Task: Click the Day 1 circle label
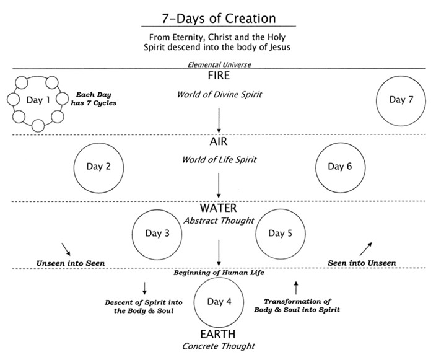tap(38, 100)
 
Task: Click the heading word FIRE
tap(219, 76)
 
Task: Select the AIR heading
tap(219, 142)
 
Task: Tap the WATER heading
tap(219, 208)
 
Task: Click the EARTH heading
tap(218, 334)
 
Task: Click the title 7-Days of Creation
tap(219, 19)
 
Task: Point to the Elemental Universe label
tap(219, 65)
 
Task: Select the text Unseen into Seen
tap(71, 263)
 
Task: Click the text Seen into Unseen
tap(362, 263)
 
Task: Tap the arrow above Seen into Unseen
tap(365, 249)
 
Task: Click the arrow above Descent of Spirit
tap(144, 288)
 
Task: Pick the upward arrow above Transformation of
tap(296, 288)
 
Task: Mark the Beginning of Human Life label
tap(219, 273)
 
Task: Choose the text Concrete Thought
tap(219, 346)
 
